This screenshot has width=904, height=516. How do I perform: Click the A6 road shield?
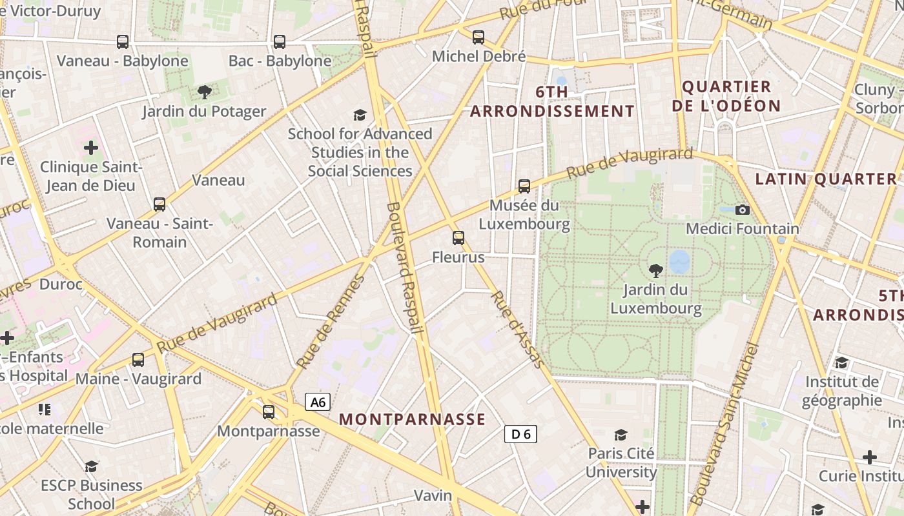point(318,402)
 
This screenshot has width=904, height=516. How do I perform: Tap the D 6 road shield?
point(520,434)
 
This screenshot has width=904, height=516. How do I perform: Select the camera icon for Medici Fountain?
point(743,210)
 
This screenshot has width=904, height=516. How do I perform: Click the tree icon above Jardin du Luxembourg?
point(656,270)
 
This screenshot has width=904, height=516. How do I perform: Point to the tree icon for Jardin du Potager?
point(205,92)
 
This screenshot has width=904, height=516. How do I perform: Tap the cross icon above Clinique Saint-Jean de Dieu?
point(91,148)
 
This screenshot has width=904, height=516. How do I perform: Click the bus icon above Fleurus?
point(458,238)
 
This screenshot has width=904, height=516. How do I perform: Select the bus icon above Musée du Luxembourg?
point(524,186)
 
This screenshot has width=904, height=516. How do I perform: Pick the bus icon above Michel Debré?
point(478,37)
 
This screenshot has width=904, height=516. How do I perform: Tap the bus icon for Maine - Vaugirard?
point(138,360)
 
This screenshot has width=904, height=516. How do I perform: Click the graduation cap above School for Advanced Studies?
point(360,115)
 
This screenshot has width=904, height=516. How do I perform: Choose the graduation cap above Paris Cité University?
point(621,435)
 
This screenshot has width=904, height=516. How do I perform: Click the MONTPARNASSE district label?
point(412,419)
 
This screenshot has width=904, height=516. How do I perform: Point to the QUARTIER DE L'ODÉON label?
point(726,96)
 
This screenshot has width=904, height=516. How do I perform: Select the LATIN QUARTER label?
point(826,179)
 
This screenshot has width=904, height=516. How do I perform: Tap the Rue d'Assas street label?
point(518,330)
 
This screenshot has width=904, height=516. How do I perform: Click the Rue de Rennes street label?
point(331,322)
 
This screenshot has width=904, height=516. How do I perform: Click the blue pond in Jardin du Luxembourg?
point(679,262)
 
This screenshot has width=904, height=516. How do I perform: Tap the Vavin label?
point(433,495)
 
